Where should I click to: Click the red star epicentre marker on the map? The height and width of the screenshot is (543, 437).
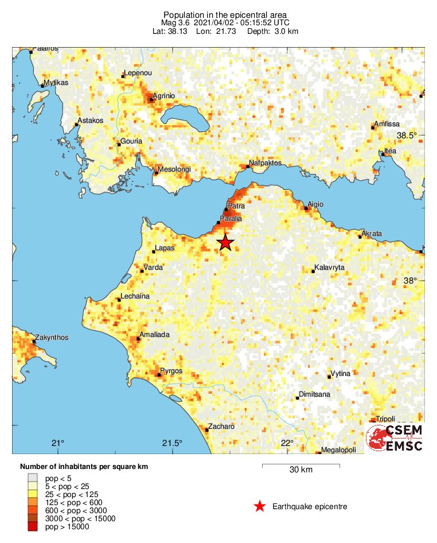click(x=225, y=243)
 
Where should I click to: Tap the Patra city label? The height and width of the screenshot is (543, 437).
click(x=236, y=205)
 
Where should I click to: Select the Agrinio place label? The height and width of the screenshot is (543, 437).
click(x=163, y=95)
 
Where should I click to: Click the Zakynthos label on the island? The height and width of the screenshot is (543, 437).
click(x=52, y=337)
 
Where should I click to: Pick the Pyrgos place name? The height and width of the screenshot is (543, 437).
click(x=171, y=371)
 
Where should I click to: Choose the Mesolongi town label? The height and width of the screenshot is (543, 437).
click(x=174, y=169)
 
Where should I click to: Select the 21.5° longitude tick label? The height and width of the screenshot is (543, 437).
click(x=172, y=443)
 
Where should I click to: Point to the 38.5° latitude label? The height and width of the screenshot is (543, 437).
click(x=409, y=135)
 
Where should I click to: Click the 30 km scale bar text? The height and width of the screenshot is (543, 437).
click(x=301, y=470)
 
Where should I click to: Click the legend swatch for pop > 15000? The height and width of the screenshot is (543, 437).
click(x=33, y=527)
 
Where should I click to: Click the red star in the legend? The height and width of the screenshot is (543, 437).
click(x=260, y=506)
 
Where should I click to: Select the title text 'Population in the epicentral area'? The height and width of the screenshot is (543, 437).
click(x=225, y=14)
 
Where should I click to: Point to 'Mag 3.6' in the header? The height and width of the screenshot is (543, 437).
click(x=175, y=22)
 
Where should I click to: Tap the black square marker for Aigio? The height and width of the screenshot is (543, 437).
click(x=306, y=208)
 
